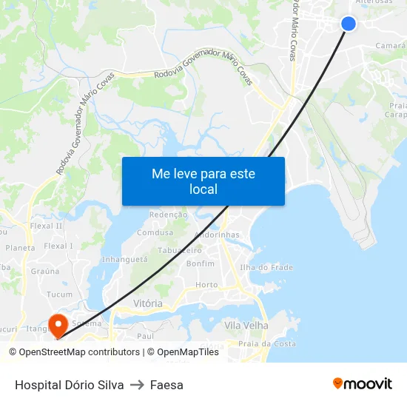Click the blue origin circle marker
tap(349, 24)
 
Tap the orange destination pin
tap(57, 323)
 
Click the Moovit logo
tap(362, 383)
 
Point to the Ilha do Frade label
tap(266, 267)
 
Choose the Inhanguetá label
tap(124, 260)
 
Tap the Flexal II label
tap(46, 226)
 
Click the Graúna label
tap(45, 271)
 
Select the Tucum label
tap(60, 294)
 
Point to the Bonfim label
tap(201, 263)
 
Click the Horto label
tap(206, 285)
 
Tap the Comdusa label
tap(155, 232)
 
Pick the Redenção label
tap(169, 214)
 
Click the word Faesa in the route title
tap(166, 385)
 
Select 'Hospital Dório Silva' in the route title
tap(69, 385)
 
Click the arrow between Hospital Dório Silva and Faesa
tap(137, 385)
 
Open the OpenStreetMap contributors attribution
tap(80, 352)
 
